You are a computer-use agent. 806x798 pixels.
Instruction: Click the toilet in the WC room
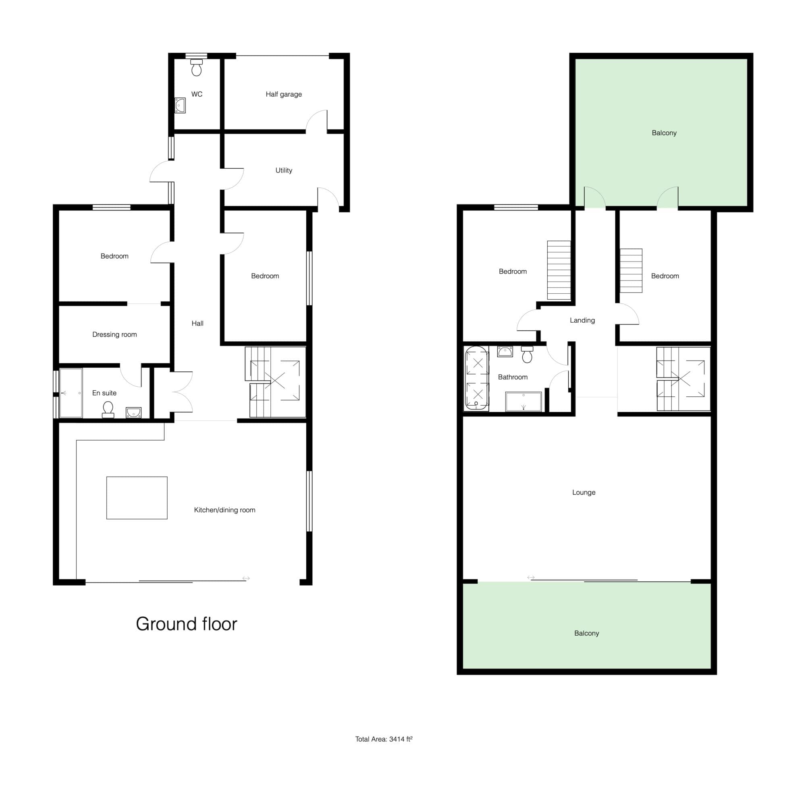click(x=197, y=68)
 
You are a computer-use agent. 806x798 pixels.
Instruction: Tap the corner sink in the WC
click(x=180, y=106)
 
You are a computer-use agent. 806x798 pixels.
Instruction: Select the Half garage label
click(x=284, y=94)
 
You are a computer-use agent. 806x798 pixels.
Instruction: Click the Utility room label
click(x=284, y=170)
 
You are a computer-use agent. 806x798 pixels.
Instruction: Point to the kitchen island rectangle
click(x=137, y=498)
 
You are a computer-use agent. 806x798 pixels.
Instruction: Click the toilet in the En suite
click(x=108, y=409)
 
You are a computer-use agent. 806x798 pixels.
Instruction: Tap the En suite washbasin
click(x=133, y=412)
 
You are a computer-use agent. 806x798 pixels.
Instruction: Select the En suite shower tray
click(x=71, y=393)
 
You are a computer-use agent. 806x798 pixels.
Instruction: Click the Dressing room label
click(x=114, y=334)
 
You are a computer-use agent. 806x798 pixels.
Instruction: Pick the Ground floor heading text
click(x=187, y=624)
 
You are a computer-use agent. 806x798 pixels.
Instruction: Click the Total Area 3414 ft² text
click(x=384, y=739)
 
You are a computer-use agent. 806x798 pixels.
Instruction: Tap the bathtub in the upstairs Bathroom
click(x=476, y=378)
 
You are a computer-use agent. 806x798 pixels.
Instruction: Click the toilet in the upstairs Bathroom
click(x=527, y=354)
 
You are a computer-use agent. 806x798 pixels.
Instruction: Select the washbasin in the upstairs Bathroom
click(x=505, y=352)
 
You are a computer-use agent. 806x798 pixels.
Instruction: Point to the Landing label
click(x=582, y=320)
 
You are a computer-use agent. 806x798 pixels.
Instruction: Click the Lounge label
click(x=584, y=492)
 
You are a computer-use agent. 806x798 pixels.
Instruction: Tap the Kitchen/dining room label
click(x=224, y=510)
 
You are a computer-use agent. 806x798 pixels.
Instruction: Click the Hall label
click(x=197, y=323)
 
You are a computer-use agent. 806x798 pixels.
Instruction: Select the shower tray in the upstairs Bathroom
click(x=523, y=402)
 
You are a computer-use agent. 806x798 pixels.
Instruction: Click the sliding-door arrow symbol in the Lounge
click(x=531, y=577)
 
